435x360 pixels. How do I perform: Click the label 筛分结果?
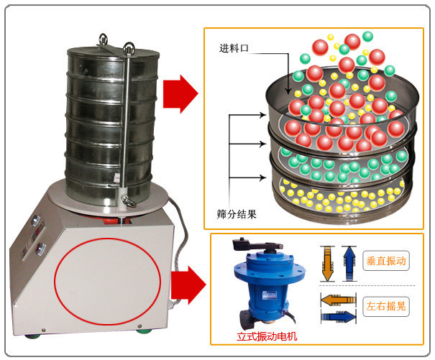[x=237, y=213]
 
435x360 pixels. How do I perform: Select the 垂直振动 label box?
[x=386, y=262]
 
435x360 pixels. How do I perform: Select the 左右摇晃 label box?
[x=386, y=305]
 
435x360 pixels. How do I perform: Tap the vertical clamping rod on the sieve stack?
[x=128, y=122]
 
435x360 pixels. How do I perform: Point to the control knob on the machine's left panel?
[x=39, y=249]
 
